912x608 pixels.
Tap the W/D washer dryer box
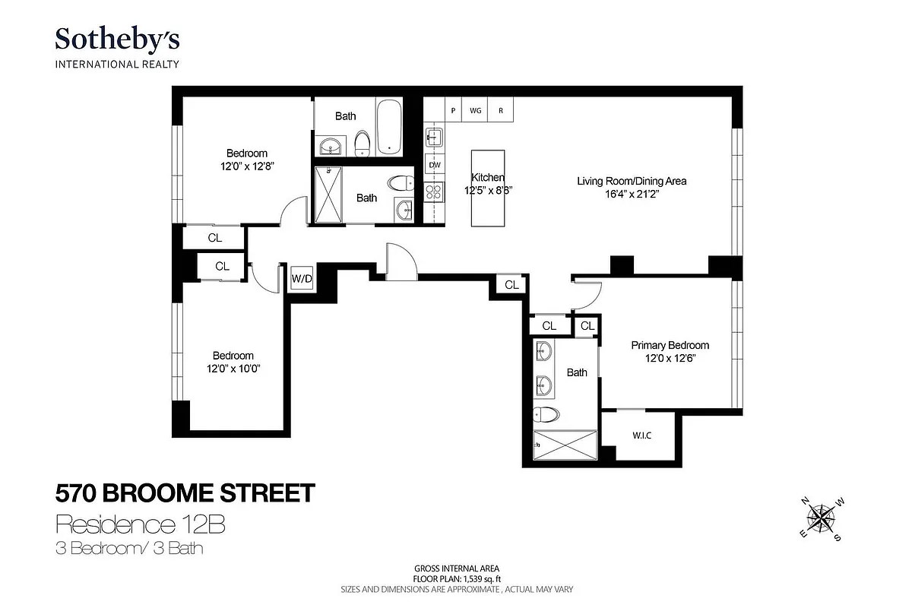pyautogui.click(x=302, y=278)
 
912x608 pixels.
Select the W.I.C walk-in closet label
pyautogui.click(x=642, y=435)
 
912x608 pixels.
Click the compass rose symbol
pyautogui.click(x=819, y=520)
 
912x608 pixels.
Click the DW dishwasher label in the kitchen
pyautogui.click(x=435, y=165)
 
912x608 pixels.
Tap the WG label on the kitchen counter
pyautogui.click(x=476, y=110)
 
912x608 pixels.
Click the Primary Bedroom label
pyautogui.click(x=670, y=345)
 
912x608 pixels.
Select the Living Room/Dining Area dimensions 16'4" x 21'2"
pyautogui.click(x=632, y=194)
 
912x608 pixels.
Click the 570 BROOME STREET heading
pyautogui.click(x=185, y=493)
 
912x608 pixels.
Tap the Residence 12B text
pyautogui.click(x=141, y=524)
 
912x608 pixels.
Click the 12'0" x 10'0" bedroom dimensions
pyautogui.click(x=233, y=369)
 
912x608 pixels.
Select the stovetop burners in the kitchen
pyautogui.click(x=434, y=191)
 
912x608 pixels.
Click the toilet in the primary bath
pyautogui.click(x=545, y=415)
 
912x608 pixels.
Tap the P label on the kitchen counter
pyautogui.click(x=453, y=110)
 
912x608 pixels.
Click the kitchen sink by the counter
pyautogui.click(x=434, y=138)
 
